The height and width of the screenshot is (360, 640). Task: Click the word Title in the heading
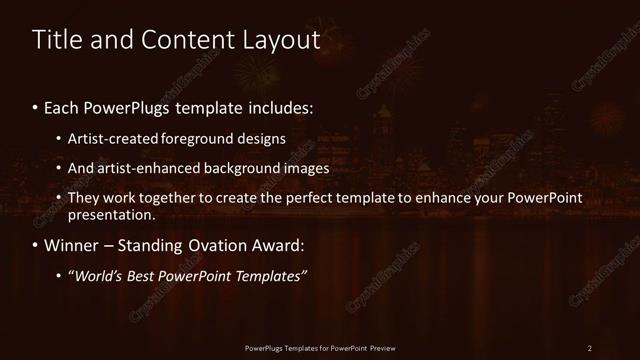pyautogui.click(x=58, y=41)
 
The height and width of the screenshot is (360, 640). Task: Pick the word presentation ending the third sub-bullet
pyautogui.click(x=110, y=214)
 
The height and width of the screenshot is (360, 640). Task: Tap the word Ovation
pyautogui.click(x=228, y=245)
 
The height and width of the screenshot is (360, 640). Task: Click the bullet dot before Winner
pyautogui.click(x=37, y=245)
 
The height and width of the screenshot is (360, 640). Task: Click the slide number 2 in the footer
pyautogui.click(x=589, y=347)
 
